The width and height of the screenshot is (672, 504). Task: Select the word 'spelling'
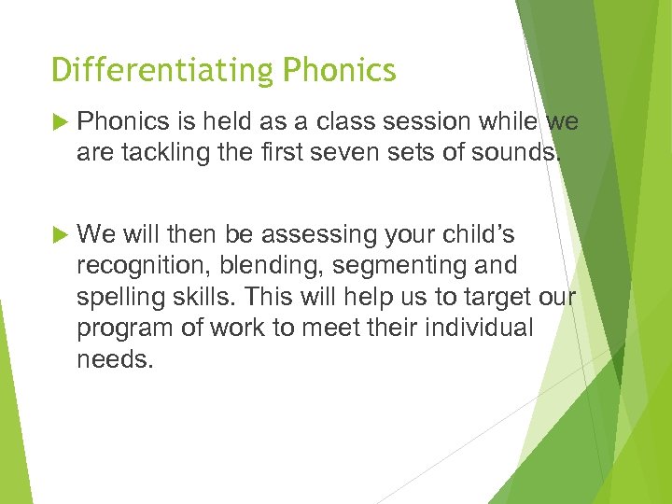point(118,297)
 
